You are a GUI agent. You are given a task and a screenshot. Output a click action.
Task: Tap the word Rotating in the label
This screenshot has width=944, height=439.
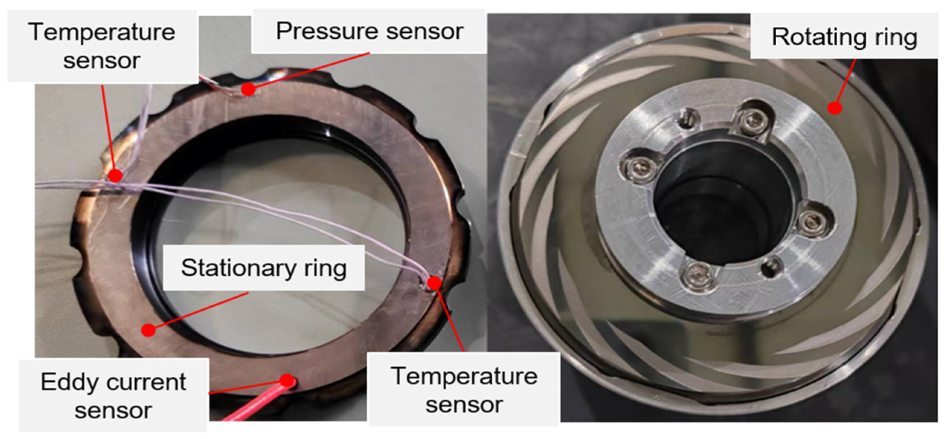[x=818, y=38]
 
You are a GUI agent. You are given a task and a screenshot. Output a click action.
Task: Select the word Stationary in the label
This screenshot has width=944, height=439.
[x=238, y=268]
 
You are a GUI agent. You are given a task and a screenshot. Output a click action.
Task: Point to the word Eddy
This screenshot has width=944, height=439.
[x=67, y=383]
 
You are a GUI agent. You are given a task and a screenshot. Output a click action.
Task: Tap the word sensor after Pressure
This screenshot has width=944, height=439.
[x=425, y=32]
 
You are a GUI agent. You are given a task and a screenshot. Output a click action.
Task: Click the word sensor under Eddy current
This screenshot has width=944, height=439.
[x=113, y=411]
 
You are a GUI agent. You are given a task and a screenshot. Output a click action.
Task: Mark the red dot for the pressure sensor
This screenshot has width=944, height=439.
[x=249, y=89]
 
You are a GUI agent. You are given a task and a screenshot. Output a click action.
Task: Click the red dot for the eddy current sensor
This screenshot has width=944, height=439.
[x=287, y=380]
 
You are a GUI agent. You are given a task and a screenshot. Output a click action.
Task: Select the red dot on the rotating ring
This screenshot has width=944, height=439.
[x=834, y=108]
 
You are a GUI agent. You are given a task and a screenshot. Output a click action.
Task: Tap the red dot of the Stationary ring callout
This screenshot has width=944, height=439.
[x=149, y=330]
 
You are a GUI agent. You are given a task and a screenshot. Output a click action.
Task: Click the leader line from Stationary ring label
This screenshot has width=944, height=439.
[x=199, y=311]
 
